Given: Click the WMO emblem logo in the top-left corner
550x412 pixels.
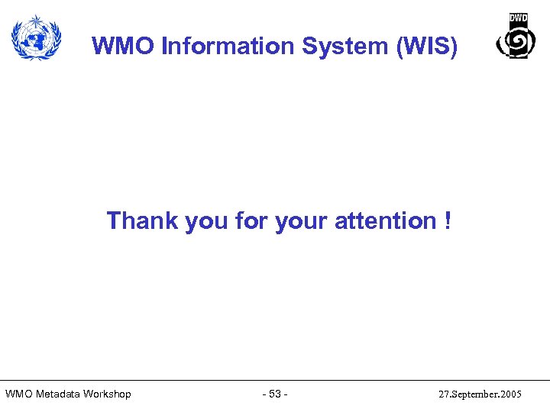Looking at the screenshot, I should point(35,37).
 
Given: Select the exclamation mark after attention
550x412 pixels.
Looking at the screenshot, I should point(446,220).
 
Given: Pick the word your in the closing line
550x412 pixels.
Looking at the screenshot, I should point(300,220).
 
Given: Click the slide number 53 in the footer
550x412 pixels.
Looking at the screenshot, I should point(275,394).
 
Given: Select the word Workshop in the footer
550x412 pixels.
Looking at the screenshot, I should point(107,394).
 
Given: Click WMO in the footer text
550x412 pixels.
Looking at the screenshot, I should point(18,394).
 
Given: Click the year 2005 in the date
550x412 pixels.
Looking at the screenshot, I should point(510,394).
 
